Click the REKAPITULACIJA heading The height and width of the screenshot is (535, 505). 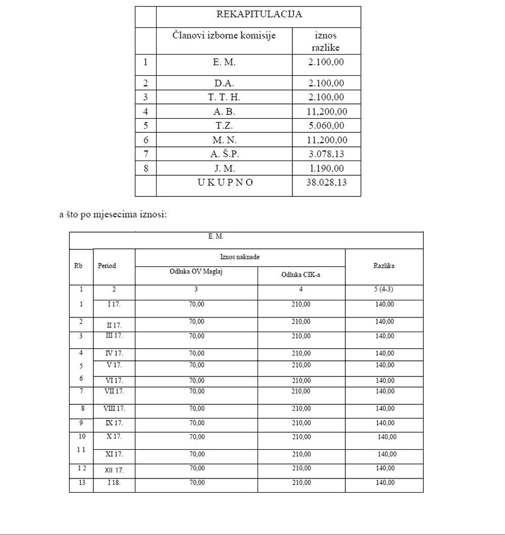coord(259,14)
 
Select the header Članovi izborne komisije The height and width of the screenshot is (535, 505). coord(224,35)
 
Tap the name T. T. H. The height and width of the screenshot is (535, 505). coord(224,97)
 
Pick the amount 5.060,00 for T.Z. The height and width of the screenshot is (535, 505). coord(326,126)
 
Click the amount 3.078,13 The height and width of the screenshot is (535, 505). coord(326,154)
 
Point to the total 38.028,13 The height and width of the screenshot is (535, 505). coord(326,183)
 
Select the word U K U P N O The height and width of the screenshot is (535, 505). coord(224,183)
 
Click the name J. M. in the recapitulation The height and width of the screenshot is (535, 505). coord(224,169)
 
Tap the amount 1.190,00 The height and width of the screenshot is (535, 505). coord(326,169)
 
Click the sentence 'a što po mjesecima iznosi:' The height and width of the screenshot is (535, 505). coord(113,215)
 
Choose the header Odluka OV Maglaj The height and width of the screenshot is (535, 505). coord(196,272)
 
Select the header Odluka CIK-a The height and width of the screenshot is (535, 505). coord(301,275)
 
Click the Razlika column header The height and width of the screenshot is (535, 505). coord(384,265)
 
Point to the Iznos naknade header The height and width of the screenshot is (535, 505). coord(240,257)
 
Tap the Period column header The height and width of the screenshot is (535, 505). coord(107,265)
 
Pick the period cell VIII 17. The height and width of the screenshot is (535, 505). coord(114,408)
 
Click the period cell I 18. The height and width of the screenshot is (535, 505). coord(114,483)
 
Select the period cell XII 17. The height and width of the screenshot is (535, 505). coord(114,470)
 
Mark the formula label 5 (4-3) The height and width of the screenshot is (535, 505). coord(384,290)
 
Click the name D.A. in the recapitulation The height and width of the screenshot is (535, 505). coord(224,83)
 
